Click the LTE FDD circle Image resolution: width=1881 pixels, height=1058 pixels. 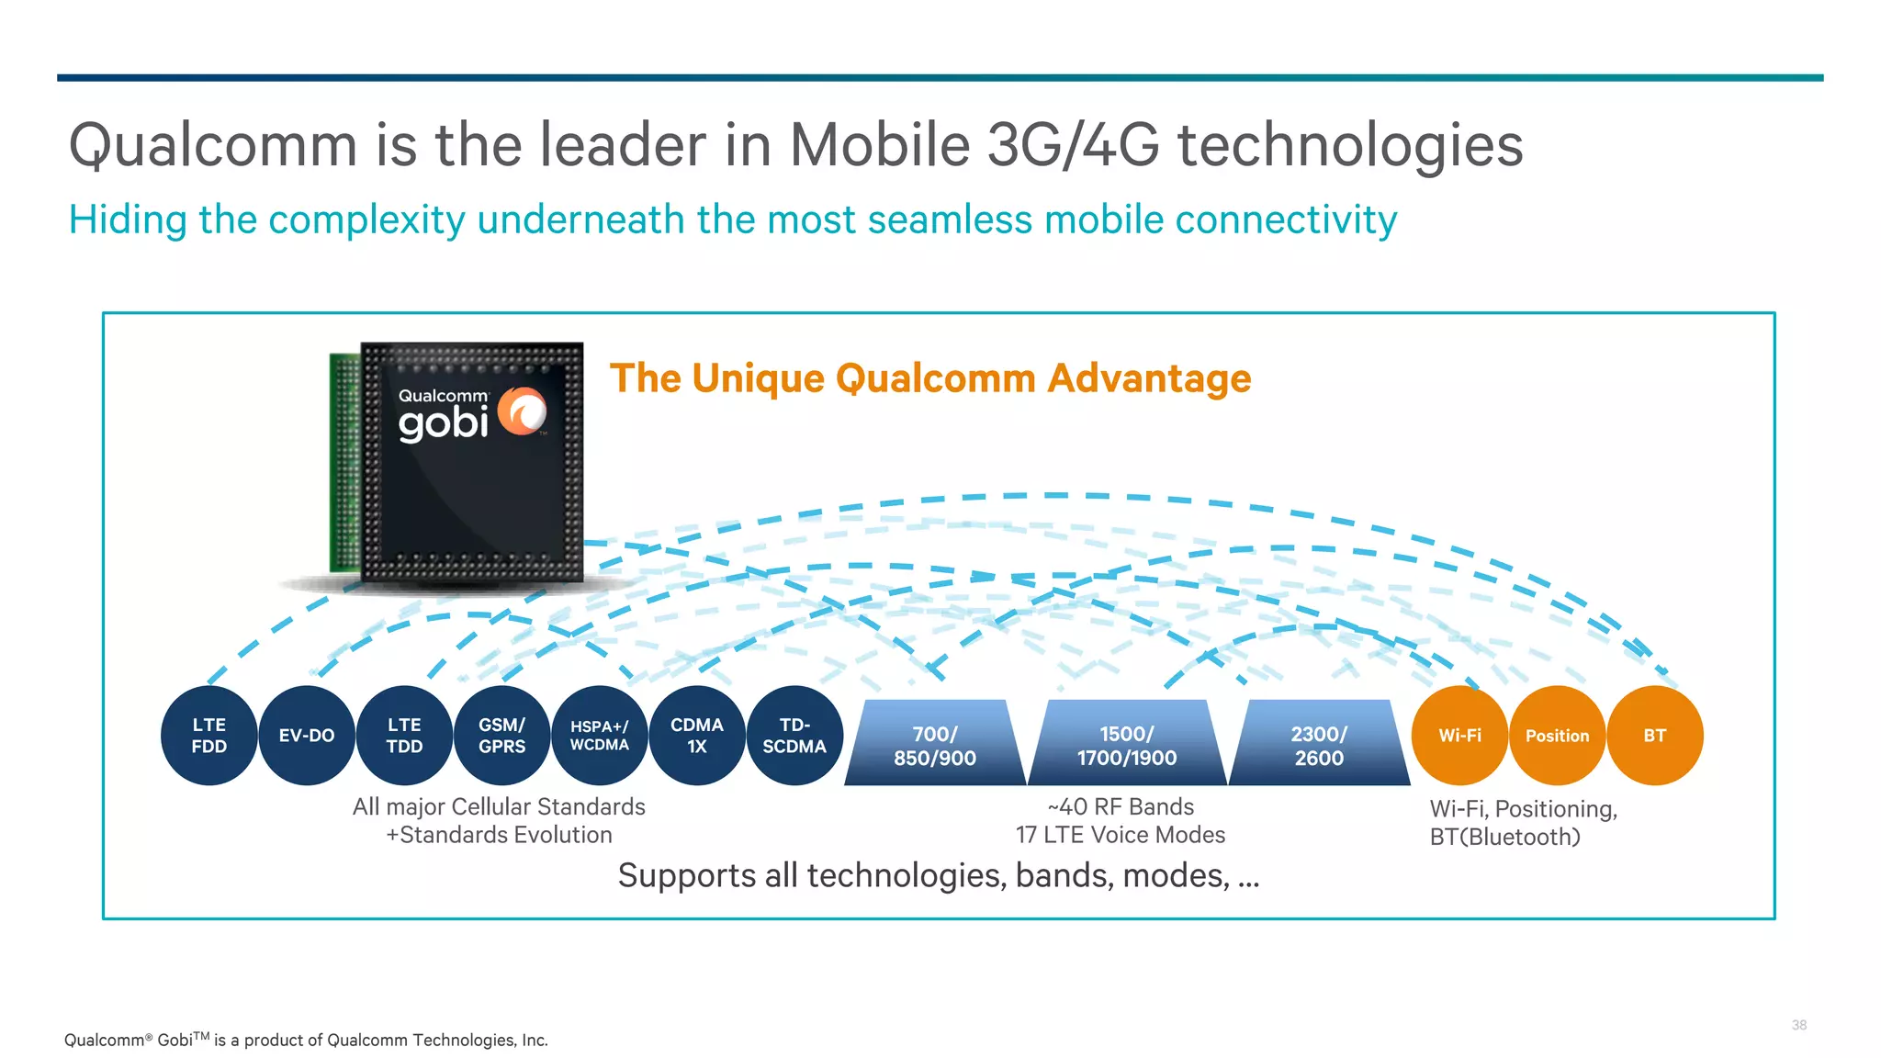(x=208, y=736)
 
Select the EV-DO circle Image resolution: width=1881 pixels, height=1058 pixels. (x=307, y=736)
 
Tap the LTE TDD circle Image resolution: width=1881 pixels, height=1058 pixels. (x=404, y=736)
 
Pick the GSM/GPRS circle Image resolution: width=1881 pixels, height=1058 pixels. (x=501, y=736)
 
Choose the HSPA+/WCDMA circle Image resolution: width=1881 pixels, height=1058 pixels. (x=599, y=736)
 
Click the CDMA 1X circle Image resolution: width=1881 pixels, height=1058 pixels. (x=697, y=736)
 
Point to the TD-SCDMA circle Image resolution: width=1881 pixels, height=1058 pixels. (x=794, y=736)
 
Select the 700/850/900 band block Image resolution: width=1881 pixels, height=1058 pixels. (x=934, y=745)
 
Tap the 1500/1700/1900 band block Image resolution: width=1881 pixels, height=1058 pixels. (x=1127, y=745)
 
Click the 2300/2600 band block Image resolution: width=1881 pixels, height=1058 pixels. (x=1319, y=745)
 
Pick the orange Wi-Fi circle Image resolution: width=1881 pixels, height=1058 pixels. (x=1459, y=736)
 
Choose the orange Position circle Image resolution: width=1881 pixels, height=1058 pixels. (x=1557, y=736)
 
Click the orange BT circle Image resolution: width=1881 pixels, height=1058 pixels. (x=1654, y=736)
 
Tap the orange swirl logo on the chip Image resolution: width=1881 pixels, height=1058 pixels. (x=523, y=411)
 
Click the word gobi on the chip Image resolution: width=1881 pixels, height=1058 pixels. (x=443, y=423)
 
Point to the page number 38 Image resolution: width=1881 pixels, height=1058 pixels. (x=1798, y=1025)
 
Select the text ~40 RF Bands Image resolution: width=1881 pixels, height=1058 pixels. (x=1121, y=806)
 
